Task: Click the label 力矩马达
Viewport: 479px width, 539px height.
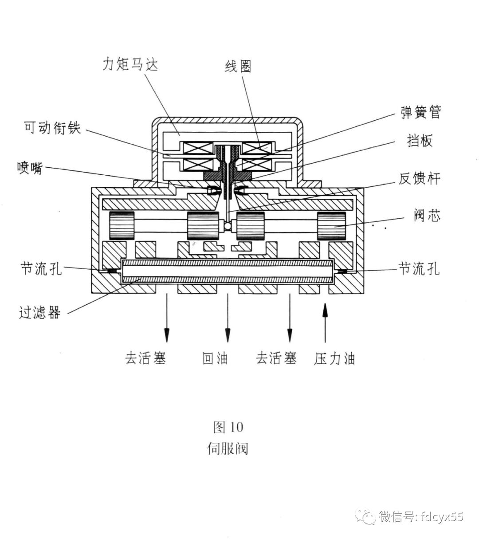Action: (x=130, y=65)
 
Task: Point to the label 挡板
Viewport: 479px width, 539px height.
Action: (x=420, y=141)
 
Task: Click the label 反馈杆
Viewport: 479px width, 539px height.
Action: (x=420, y=179)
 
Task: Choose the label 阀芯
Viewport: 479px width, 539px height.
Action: (x=427, y=216)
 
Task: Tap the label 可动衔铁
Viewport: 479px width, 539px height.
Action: (x=52, y=128)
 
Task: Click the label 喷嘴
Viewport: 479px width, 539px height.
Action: (x=30, y=168)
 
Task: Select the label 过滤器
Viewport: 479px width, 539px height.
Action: (x=39, y=312)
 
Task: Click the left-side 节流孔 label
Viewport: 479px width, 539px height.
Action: (x=41, y=268)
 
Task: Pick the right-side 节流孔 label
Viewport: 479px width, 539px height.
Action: (x=420, y=268)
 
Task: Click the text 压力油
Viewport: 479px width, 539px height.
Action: (x=334, y=358)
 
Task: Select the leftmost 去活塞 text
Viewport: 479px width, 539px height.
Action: (x=145, y=358)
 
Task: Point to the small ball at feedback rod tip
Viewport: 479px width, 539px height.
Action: (x=227, y=226)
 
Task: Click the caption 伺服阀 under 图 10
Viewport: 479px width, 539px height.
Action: (x=228, y=449)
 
